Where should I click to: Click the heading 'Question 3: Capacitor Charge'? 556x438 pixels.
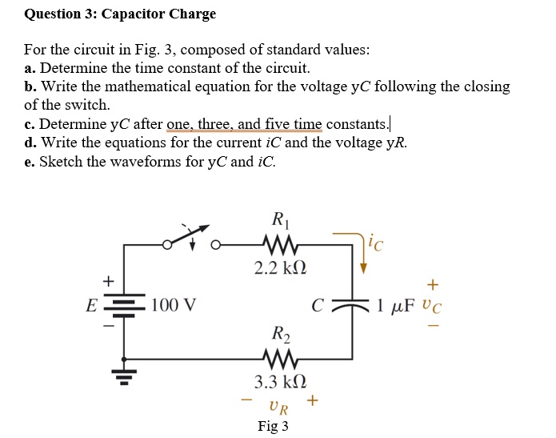120,14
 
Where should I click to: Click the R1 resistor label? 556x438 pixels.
279,219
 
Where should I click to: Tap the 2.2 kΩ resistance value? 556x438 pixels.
280,267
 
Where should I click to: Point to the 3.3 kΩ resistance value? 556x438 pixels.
280,381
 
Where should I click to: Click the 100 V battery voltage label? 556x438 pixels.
174,306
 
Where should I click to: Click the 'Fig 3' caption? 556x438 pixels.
273,426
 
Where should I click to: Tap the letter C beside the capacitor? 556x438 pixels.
318,306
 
